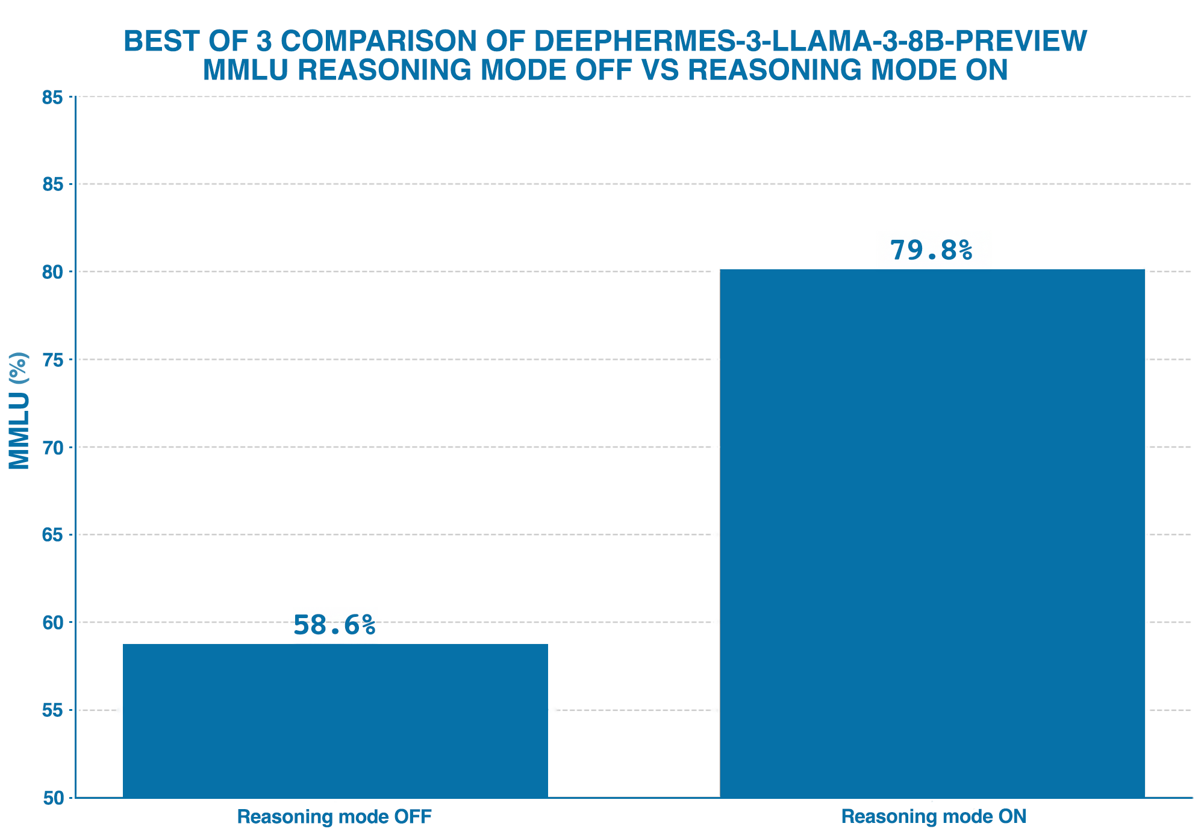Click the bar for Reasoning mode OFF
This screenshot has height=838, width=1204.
335,721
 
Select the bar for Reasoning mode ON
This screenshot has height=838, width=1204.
932,533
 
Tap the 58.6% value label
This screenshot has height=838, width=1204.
334,625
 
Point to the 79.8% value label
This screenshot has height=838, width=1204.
931,251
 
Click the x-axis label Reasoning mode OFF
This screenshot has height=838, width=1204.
334,817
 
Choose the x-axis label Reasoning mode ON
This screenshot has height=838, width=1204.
934,817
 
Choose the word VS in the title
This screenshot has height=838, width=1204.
659,70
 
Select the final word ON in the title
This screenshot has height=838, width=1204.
987,70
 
